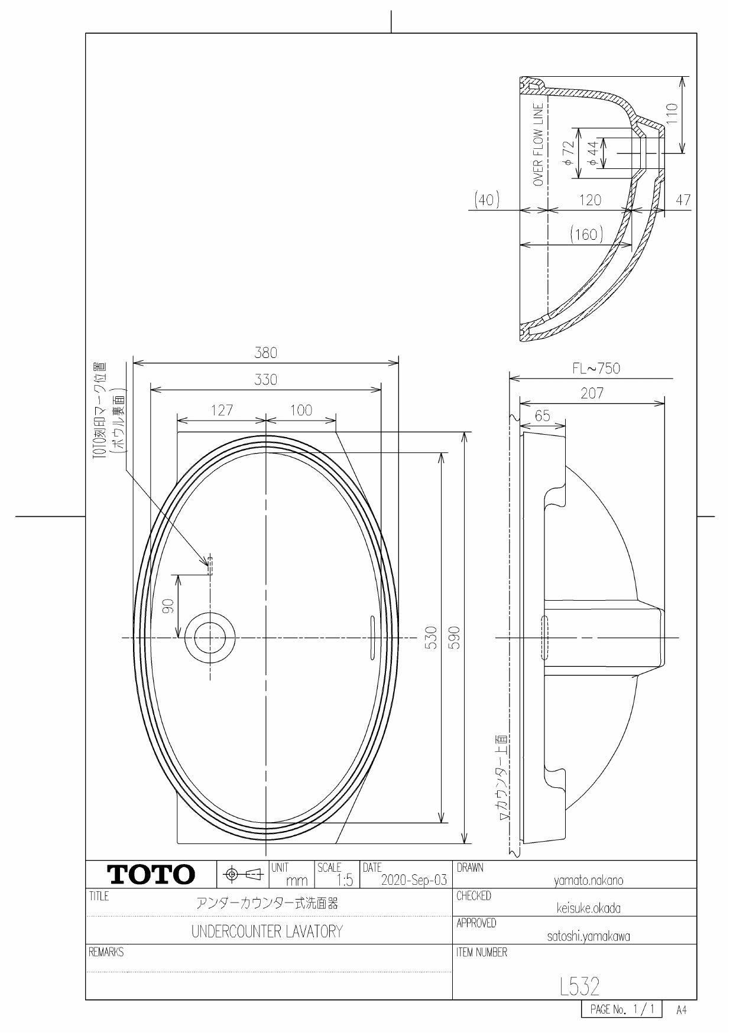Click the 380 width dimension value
coord(265,353)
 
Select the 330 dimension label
coord(265,380)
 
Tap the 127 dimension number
coord(222,410)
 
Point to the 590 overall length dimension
coord(455,637)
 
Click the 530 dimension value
coord(432,637)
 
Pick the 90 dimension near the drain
coord(168,606)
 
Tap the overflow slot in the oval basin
coord(372,637)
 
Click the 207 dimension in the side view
coord(592,394)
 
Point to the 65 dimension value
coord(542,416)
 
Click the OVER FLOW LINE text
coord(538,145)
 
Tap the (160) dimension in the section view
coord(586,234)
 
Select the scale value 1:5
coord(343,881)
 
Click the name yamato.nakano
coord(588,881)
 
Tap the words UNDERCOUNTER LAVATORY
coord(267,932)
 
